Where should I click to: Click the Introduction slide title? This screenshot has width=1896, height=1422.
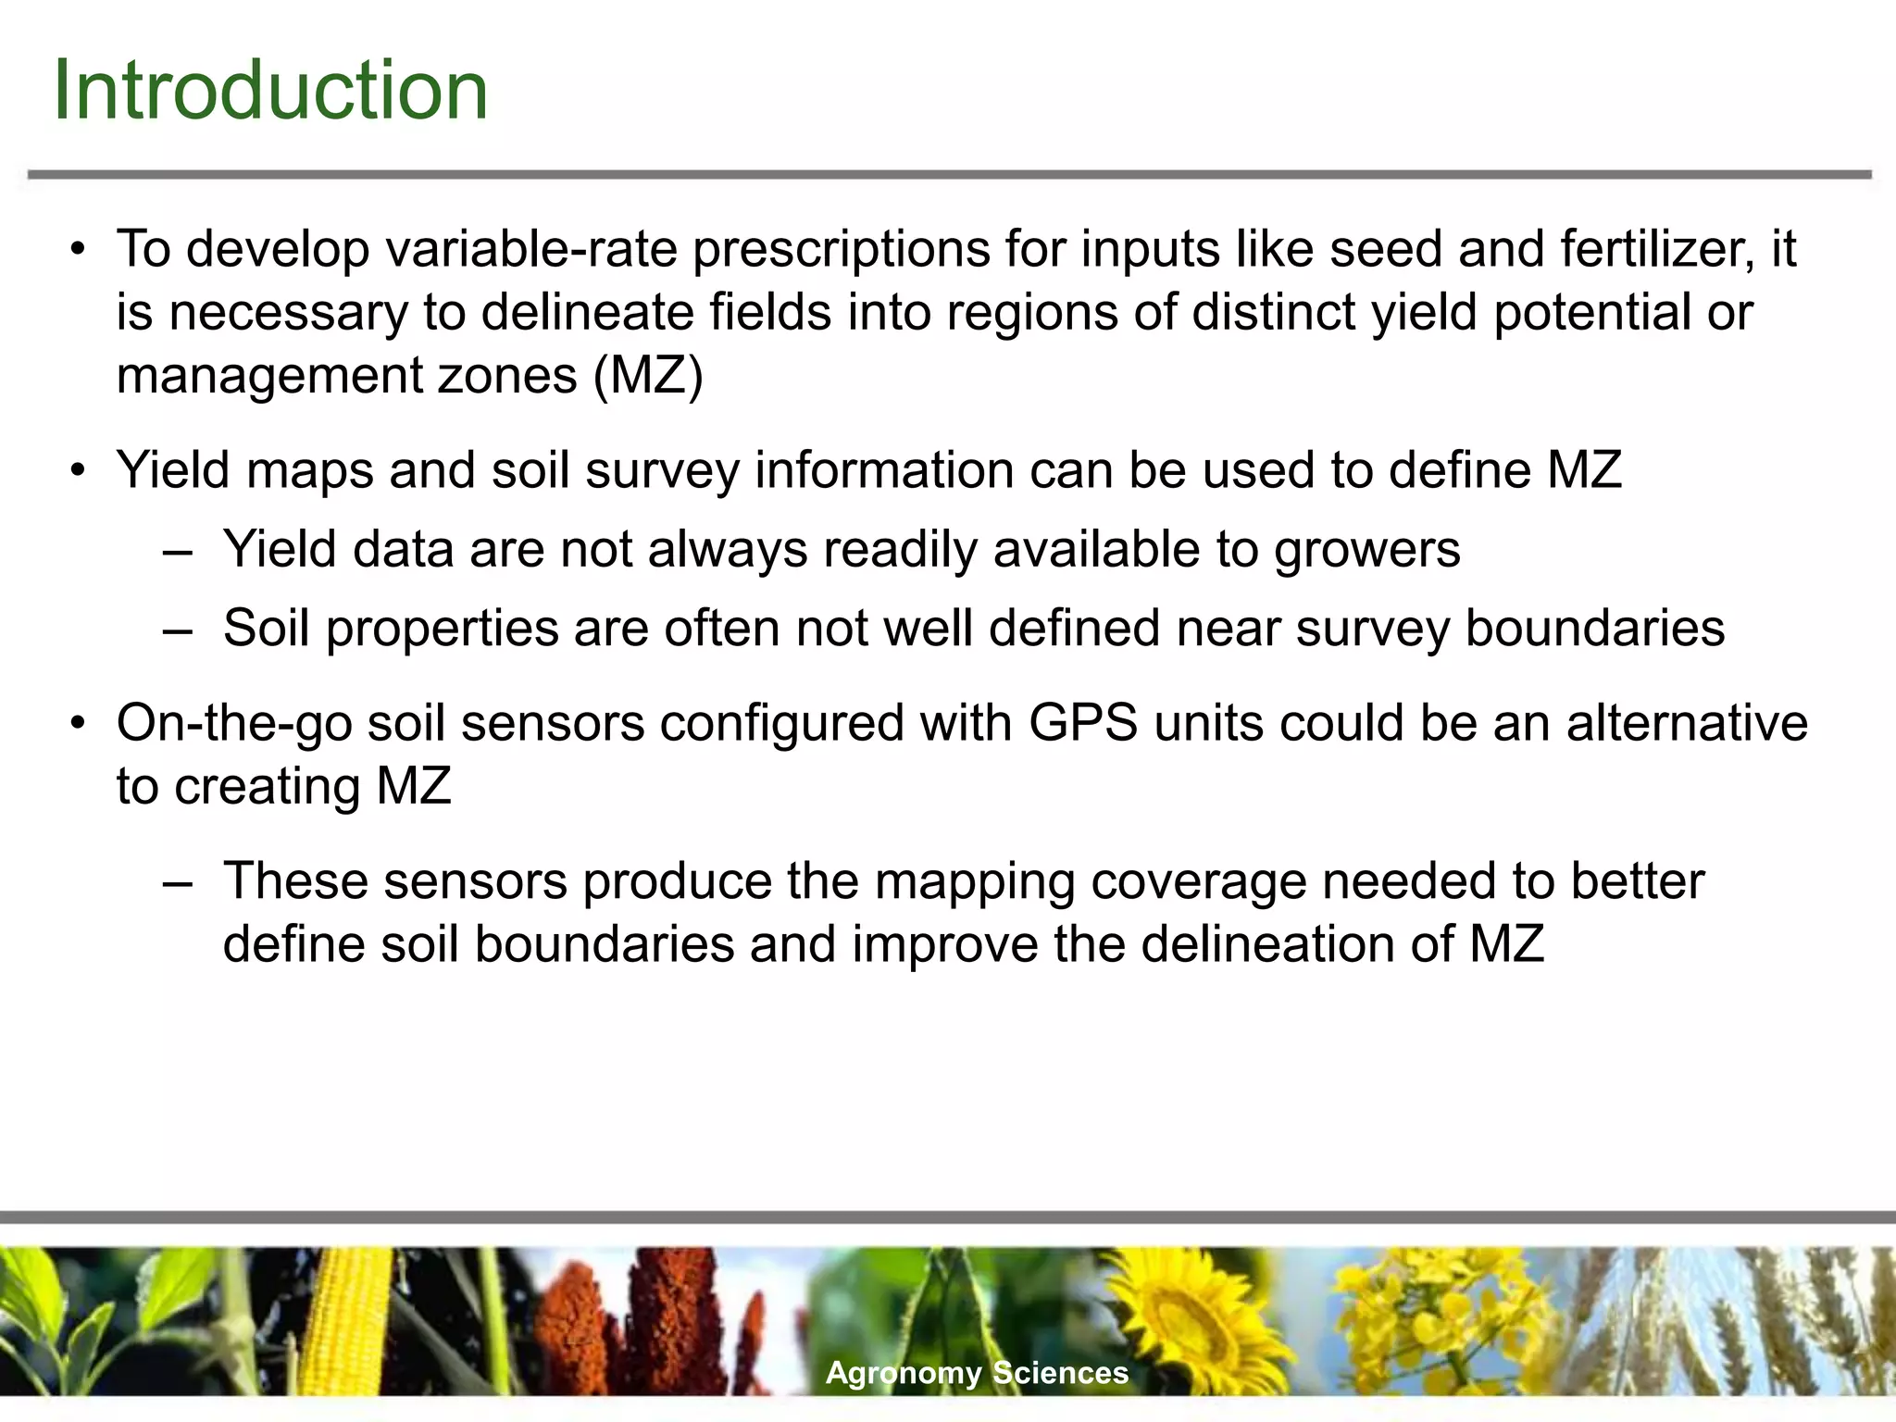(270, 90)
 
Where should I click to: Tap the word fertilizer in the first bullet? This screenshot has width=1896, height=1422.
(1657, 249)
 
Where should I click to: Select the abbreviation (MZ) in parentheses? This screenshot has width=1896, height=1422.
(648, 376)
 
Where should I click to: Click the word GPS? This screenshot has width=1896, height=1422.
(1083, 723)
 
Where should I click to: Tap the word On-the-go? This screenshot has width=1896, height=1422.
(234, 723)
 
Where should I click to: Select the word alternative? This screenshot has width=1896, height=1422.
(1686, 723)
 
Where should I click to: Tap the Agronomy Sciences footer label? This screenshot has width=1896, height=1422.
(977, 1372)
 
